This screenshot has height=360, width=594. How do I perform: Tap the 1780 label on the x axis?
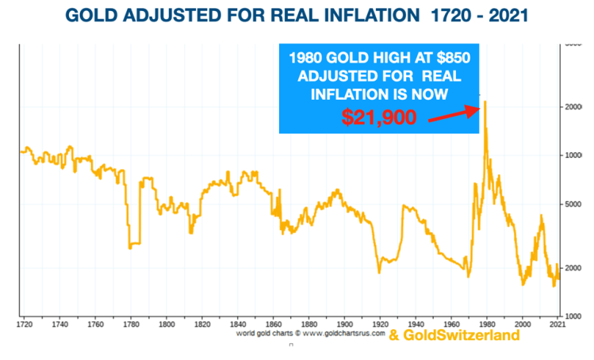tap(131, 324)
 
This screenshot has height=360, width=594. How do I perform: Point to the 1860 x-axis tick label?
tap(274, 324)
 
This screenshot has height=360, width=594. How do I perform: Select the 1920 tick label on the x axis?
tap(380, 324)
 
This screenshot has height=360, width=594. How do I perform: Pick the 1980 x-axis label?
tap(486, 324)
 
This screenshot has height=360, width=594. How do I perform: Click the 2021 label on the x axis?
tap(559, 324)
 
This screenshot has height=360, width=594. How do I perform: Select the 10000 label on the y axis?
tap(575, 155)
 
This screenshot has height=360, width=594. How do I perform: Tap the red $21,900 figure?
tap(379, 117)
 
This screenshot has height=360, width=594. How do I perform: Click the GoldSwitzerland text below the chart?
tap(454, 335)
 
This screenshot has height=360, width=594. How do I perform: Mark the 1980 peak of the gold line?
tap(485, 102)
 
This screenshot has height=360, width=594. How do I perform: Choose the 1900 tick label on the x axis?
tap(344, 324)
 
